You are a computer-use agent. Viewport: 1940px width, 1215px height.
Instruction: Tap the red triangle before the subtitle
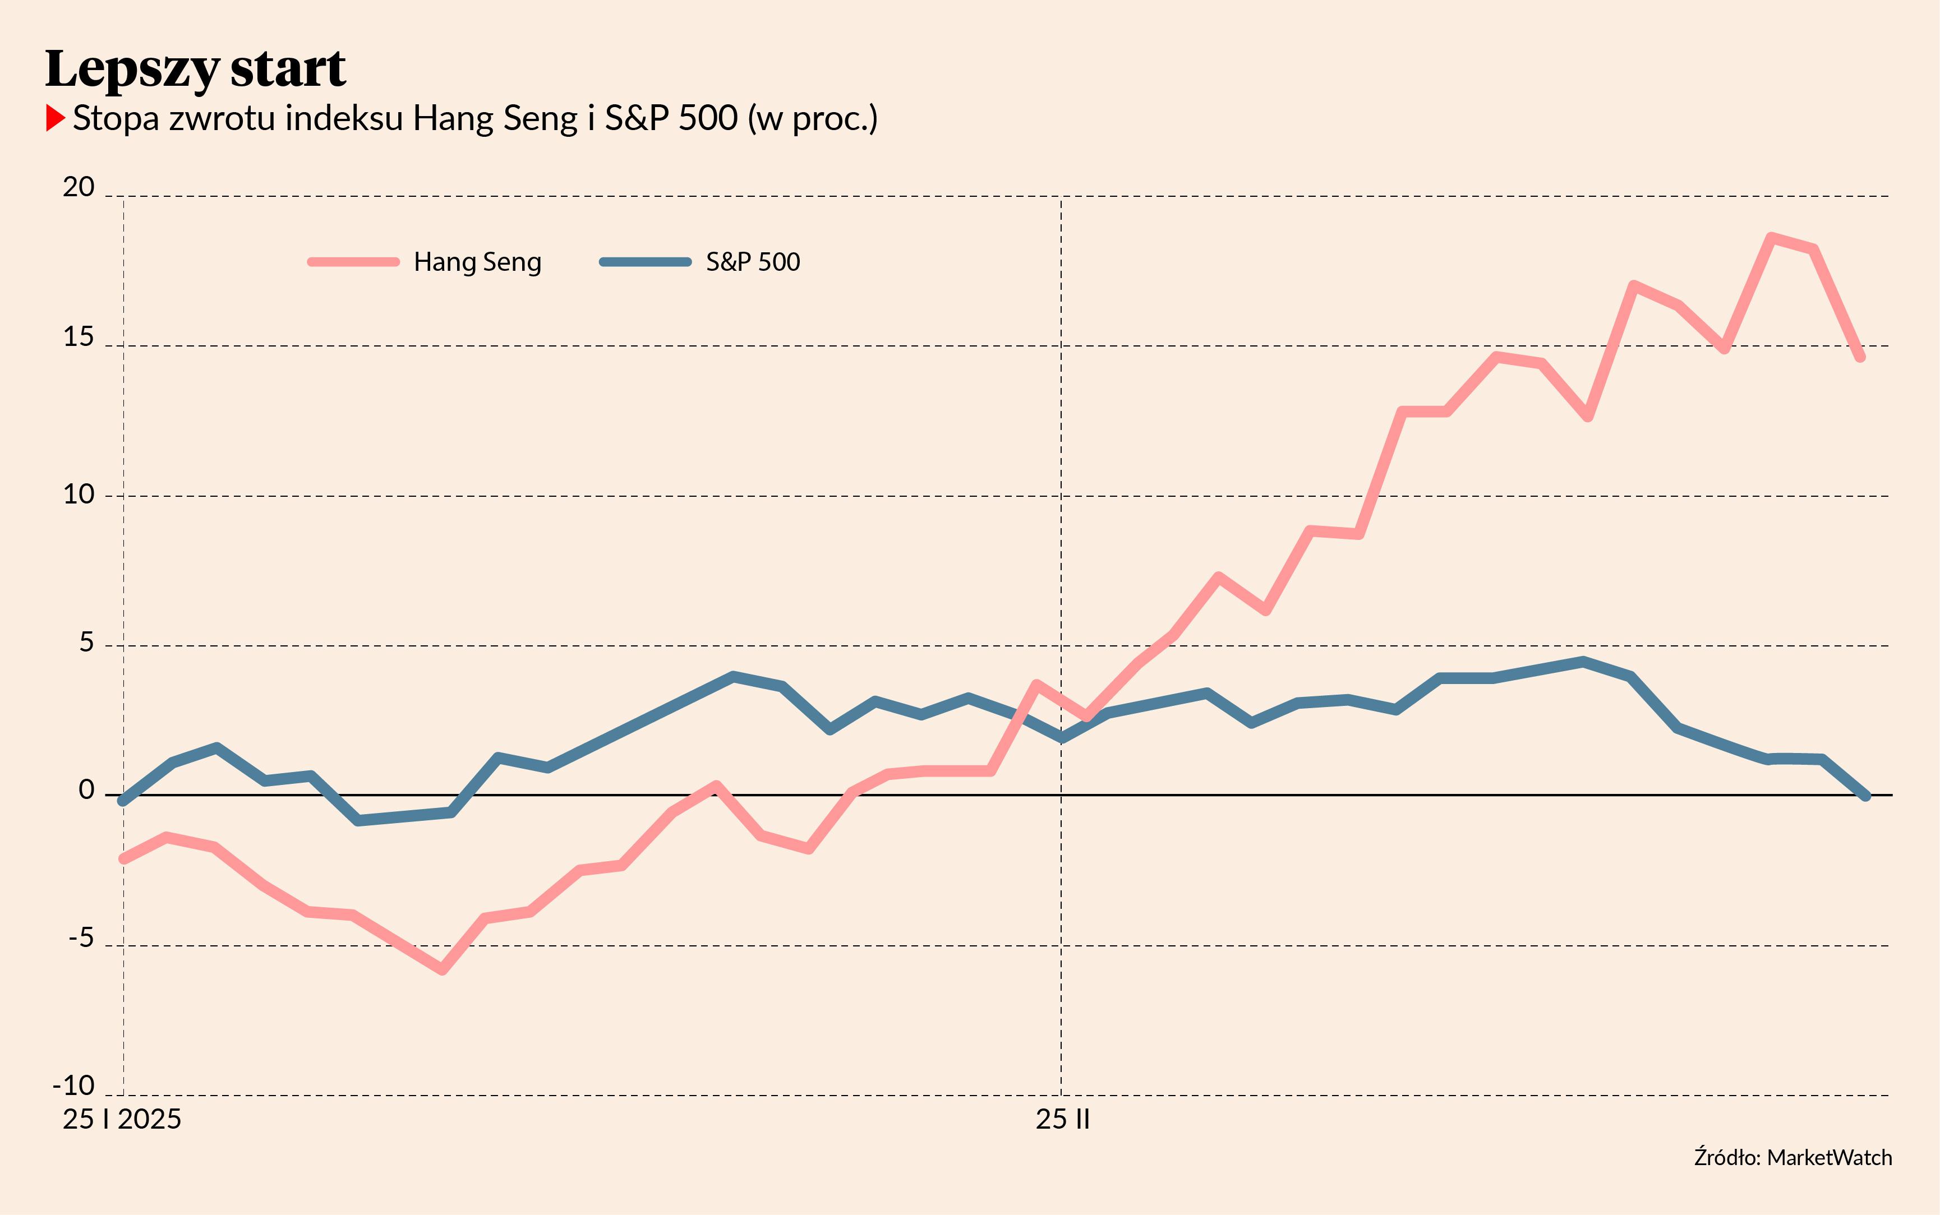[x=54, y=118]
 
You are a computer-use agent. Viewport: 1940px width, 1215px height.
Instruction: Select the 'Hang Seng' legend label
[x=477, y=262]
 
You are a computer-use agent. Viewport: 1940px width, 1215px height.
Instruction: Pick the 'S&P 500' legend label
[x=753, y=262]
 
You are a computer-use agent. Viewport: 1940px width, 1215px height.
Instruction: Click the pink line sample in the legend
[x=353, y=262]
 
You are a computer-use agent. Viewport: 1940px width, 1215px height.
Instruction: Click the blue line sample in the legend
[x=646, y=262]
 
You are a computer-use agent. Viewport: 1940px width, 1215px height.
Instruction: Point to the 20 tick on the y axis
[x=79, y=187]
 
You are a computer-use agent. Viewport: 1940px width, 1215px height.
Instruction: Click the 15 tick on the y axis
[x=79, y=338]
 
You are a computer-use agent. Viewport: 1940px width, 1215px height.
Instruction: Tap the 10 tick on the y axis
[x=79, y=494]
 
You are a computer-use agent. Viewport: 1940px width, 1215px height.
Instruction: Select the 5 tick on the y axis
[x=86, y=643]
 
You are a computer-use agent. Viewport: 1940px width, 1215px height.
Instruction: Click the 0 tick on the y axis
[x=86, y=792]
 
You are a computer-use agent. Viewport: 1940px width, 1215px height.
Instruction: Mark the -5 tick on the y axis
[x=80, y=939]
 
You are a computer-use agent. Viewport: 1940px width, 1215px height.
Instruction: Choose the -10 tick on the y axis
[x=74, y=1087]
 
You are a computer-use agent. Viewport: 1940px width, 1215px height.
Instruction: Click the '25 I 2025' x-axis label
[x=122, y=1119]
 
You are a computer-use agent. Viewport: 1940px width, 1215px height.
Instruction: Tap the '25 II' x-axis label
[x=1062, y=1119]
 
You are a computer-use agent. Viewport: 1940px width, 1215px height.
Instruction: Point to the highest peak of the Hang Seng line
[x=1771, y=238]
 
